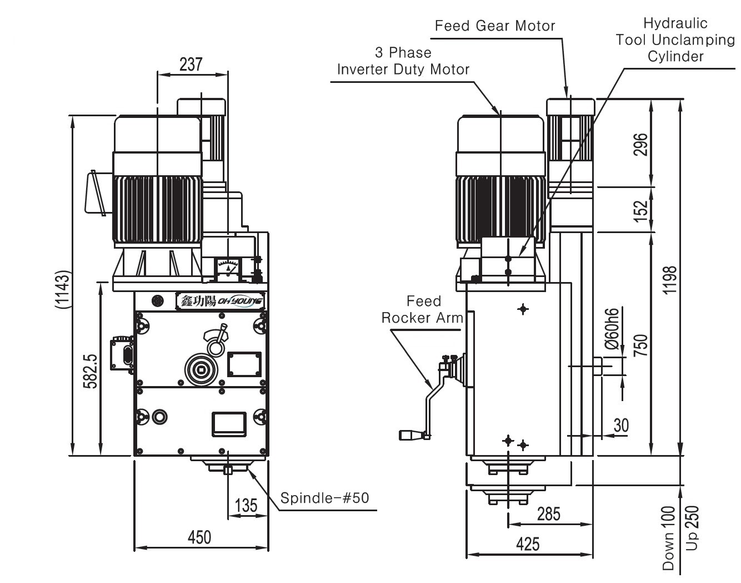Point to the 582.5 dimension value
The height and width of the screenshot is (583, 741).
click(x=91, y=372)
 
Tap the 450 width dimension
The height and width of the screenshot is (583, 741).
click(x=199, y=537)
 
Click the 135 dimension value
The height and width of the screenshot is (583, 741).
click(x=246, y=505)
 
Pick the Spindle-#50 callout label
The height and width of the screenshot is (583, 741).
click(x=324, y=497)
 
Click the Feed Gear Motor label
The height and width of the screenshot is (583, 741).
click(x=494, y=26)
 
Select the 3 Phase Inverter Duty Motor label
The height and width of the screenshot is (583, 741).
click(x=403, y=61)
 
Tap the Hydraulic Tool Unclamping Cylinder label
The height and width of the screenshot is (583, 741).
click(x=675, y=40)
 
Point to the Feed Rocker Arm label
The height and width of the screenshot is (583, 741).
click(x=423, y=310)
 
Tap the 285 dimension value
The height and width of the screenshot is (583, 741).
click(x=548, y=514)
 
